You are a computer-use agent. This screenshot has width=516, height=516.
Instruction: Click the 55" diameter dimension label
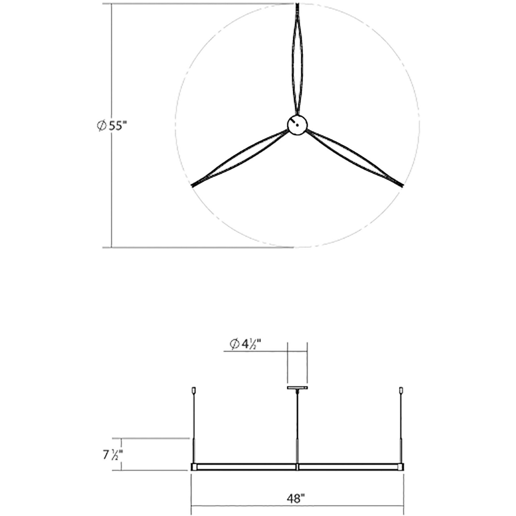[x=112, y=126]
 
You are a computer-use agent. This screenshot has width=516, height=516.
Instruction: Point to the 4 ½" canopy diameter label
[x=246, y=344]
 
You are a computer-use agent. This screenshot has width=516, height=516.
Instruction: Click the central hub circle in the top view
[x=297, y=124]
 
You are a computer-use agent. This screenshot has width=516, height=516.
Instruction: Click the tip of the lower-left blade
[x=192, y=186]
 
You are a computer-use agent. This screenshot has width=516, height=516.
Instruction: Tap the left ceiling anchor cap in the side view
[x=193, y=390]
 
